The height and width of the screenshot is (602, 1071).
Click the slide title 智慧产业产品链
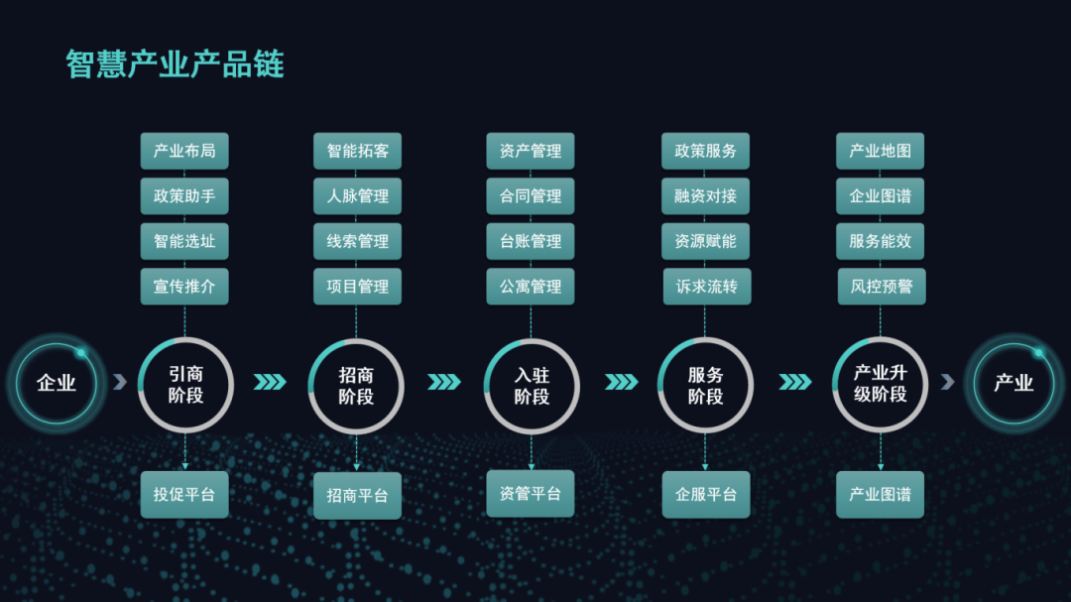click(175, 64)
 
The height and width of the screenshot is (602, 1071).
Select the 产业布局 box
click(184, 151)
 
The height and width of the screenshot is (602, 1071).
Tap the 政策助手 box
click(184, 196)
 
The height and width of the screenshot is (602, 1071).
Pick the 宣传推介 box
click(184, 287)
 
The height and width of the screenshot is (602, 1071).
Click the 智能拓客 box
click(357, 151)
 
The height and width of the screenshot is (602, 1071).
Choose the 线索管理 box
click(357, 241)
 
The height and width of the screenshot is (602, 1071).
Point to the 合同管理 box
click(530, 196)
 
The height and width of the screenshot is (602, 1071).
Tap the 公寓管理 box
click(530, 287)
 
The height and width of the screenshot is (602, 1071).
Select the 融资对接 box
click(706, 196)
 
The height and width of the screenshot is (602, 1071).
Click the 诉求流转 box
click(707, 287)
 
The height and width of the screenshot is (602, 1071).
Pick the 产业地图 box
click(880, 151)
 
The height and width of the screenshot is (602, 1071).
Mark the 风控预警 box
click(882, 287)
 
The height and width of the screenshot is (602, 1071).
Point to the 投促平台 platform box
click(184, 494)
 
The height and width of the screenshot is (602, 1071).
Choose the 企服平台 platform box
click(706, 494)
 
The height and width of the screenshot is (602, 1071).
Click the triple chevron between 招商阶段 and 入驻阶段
click(444, 382)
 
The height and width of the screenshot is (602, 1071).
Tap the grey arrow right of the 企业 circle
click(120, 382)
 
